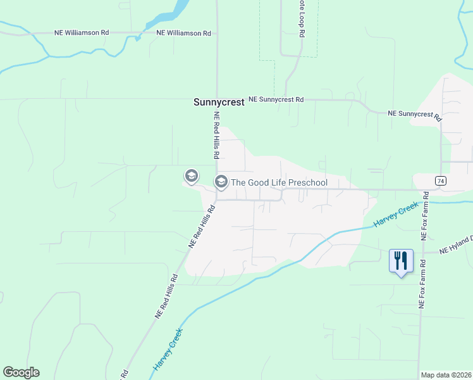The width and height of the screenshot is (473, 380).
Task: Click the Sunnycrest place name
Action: (x=218, y=102)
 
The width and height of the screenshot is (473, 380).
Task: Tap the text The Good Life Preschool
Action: (x=279, y=183)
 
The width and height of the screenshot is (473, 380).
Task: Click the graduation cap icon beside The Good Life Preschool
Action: (x=221, y=182)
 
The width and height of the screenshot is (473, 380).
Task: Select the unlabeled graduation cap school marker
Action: (x=191, y=175)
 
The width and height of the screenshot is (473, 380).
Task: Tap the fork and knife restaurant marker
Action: (x=400, y=261)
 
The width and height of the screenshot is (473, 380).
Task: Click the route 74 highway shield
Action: (x=440, y=180)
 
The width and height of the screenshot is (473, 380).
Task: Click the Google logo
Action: (x=21, y=372)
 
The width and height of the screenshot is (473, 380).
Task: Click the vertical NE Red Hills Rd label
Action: (x=216, y=136)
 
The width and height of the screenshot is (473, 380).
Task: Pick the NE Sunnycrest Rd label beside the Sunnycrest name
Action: (x=276, y=99)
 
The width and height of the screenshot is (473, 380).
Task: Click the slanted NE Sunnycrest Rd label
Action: (x=415, y=115)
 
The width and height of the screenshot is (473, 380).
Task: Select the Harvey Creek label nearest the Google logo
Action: (x=168, y=350)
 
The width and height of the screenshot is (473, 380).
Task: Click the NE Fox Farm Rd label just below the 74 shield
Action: (x=426, y=215)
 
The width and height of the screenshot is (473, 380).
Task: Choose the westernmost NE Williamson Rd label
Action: (x=82, y=33)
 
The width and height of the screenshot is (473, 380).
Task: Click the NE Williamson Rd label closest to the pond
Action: (x=183, y=33)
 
